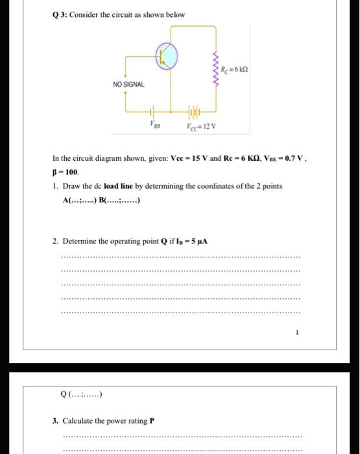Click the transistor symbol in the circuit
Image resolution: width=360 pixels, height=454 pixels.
tap(167, 57)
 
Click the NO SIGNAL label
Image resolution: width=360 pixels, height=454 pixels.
tap(129, 85)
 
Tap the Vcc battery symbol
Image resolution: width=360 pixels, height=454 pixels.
tap(195, 109)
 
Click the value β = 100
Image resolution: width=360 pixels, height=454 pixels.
tap(66, 174)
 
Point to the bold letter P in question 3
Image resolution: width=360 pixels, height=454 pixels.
tap(152, 420)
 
